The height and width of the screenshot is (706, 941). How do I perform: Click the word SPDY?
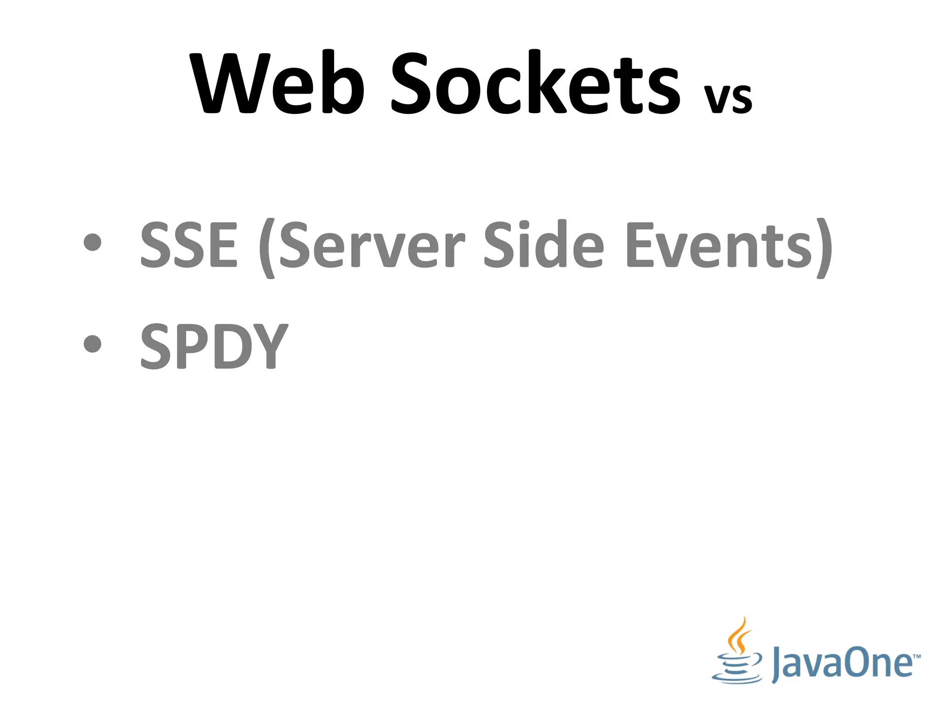(x=214, y=346)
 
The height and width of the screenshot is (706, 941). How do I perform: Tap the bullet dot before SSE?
(x=93, y=243)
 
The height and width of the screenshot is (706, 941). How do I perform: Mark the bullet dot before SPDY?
(x=93, y=343)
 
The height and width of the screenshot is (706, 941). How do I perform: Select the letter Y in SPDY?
(x=271, y=346)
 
